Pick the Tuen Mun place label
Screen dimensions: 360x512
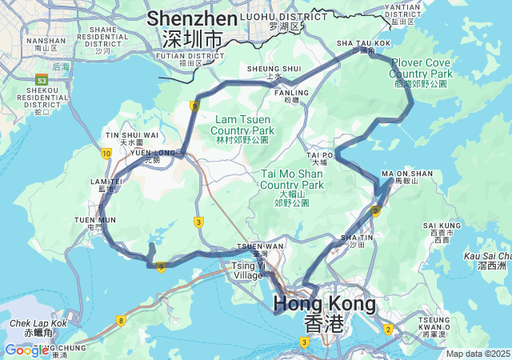[94, 222]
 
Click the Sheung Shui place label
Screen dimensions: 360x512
[274, 70]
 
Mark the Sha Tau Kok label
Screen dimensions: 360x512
[363, 43]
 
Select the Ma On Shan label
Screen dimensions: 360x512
[407, 174]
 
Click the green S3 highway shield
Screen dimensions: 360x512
[41, 80]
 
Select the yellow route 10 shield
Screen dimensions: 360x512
[106, 153]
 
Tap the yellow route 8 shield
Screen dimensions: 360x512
[121, 320]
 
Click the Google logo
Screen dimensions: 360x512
[26, 350]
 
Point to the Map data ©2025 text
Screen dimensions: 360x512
[477, 354]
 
